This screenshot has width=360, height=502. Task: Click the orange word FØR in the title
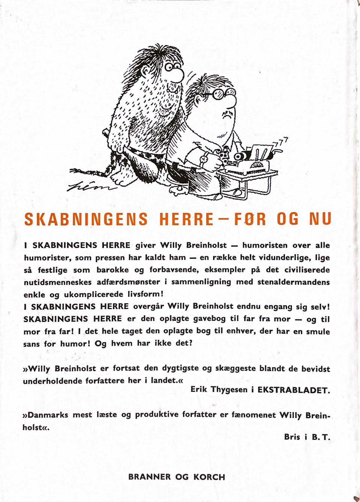(x=250, y=219)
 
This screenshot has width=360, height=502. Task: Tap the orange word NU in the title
(x=320, y=219)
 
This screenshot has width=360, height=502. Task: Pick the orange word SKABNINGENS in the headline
(x=86, y=219)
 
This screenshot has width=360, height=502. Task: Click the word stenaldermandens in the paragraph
(x=294, y=282)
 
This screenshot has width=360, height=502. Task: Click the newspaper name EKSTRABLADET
(x=294, y=390)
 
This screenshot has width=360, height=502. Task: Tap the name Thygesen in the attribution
(x=229, y=390)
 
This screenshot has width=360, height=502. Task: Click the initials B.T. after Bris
(x=321, y=437)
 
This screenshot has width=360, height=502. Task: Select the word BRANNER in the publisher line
(x=149, y=477)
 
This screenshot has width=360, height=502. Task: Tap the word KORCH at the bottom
(x=209, y=477)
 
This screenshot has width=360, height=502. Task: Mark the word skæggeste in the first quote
(x=235, y=368)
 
